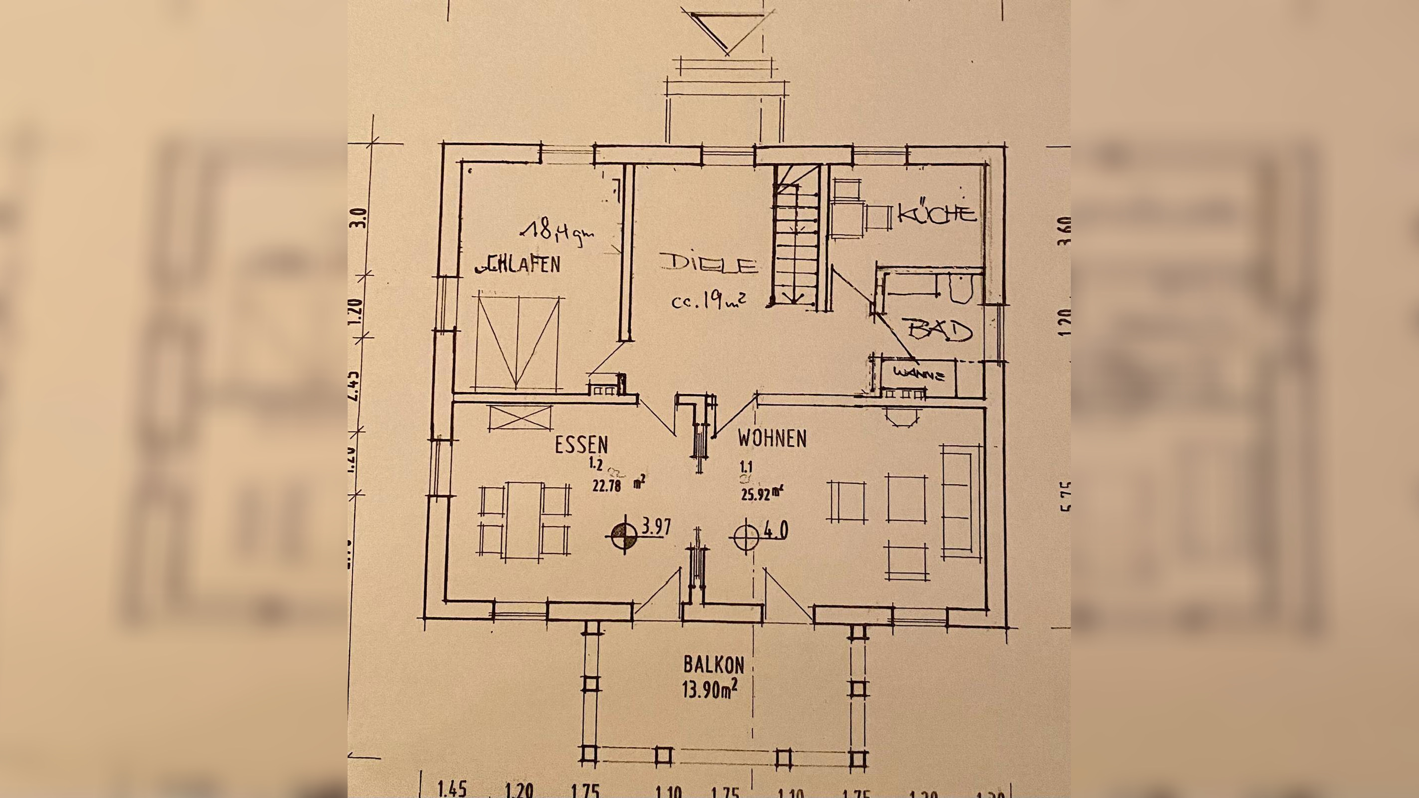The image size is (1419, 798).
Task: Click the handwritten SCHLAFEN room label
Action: point(518,265)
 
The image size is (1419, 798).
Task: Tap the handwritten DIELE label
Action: point(708,263)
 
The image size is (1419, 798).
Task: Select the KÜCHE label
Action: point(937,213)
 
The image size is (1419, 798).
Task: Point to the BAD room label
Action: point(940,331)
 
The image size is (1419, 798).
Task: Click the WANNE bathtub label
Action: point(918,375)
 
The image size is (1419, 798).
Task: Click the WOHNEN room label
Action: point(772,439)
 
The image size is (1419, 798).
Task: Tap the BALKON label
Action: point(713,665)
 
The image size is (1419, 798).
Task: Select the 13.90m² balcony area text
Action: point(710,689)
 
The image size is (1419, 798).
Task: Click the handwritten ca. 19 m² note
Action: point(708,301)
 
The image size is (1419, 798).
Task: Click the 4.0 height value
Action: point(776,530)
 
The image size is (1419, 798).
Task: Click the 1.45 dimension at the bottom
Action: point(452,789)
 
